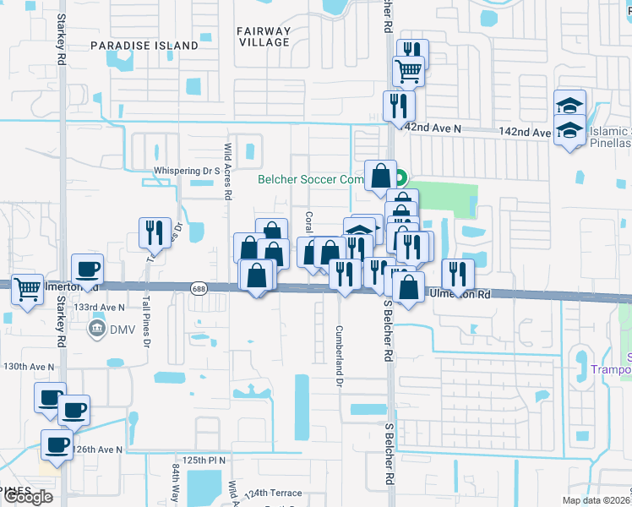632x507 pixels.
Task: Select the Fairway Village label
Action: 264,36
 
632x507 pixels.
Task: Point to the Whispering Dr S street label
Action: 186,171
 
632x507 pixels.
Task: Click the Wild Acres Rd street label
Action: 228,171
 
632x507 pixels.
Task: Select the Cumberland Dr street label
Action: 338,356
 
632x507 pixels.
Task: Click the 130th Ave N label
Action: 29,367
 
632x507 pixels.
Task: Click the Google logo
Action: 27,497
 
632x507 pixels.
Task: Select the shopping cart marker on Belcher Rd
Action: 409,71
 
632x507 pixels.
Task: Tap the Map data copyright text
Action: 597,500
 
